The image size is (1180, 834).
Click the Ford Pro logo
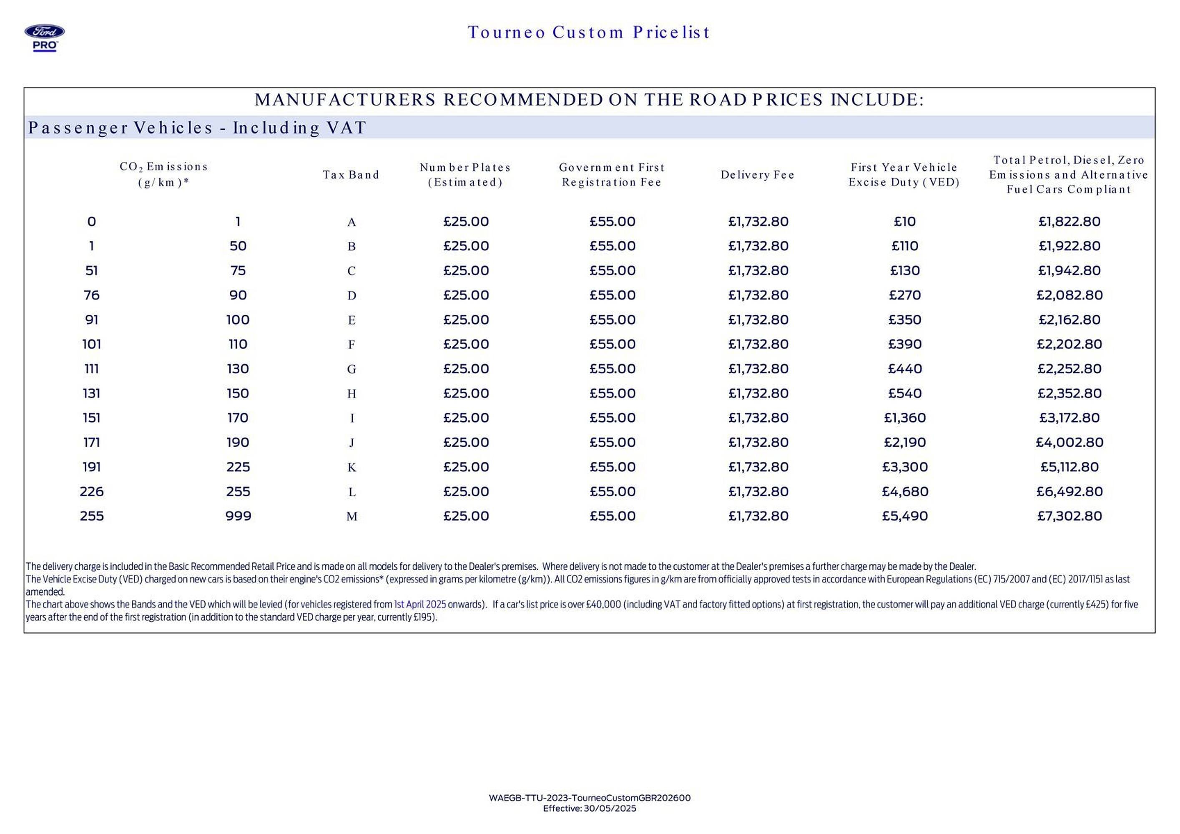45,38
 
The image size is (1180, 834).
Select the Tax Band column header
351,175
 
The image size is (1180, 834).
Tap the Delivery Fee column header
758,175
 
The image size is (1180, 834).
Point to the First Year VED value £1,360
904,418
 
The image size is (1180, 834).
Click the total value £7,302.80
1069,516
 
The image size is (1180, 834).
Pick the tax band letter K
351,467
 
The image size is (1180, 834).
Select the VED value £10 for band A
904,221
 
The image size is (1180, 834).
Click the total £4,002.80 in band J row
1069,442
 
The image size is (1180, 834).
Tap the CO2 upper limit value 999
238,516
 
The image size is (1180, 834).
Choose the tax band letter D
351,296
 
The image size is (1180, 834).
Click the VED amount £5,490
904,516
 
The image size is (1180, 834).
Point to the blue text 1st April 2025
420,604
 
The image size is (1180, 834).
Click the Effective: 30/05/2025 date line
590,808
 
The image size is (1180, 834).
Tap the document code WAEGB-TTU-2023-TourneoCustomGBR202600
590,798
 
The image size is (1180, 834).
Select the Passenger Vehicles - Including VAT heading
197,128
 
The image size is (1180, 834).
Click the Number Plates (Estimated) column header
465,175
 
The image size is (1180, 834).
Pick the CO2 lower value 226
91,492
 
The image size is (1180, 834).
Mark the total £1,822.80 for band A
1069,221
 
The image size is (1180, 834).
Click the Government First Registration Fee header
612,175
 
